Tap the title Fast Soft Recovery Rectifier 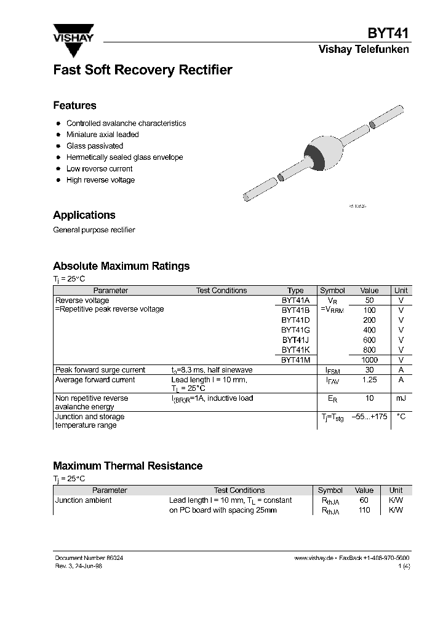[x=142, y=70]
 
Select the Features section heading [x=74, y=105]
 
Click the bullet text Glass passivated [x=95, y=146]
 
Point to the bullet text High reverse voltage [x=100, y=180]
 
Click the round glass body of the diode [x=322, y=154]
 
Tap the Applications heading [x=84, y=215]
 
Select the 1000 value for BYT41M [x=369, y=360]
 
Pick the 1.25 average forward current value [x=369, y=380]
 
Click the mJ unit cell [x=401, y=398]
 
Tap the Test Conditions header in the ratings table [x=221, y=291]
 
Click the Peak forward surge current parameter [x=100, y=370]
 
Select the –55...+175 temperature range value [x=369, y=417]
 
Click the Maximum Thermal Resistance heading [x=127, y=466]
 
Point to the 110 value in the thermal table [x=364, y=510]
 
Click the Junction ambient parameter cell [x=84, y=500]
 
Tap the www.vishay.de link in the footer [x=314, y=558]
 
